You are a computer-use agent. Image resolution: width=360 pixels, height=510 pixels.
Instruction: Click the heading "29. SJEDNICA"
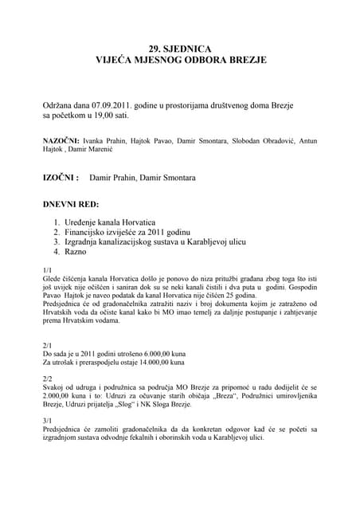180,48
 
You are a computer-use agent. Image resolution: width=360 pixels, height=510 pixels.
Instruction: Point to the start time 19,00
104,116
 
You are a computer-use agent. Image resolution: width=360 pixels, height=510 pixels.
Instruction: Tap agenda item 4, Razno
77,251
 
